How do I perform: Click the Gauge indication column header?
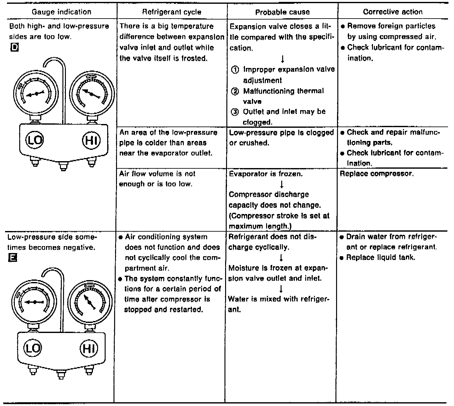(x=61, y=12)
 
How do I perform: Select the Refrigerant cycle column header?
(x=172, y=12)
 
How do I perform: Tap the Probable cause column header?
(x=282, y=12)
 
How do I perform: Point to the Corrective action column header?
(x=393, y=12)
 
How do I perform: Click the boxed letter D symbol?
(x=14, y=48)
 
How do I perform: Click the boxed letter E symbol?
(x=13, y=258)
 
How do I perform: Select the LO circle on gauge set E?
(x=32, y=348)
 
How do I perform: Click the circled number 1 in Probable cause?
(x=235, y=70)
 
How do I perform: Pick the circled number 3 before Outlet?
(x=235, y=112)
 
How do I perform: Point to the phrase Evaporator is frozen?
(x=266, y=174)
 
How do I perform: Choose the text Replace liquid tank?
(x=381, y=257)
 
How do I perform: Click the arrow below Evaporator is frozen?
(x=282, y=184)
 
